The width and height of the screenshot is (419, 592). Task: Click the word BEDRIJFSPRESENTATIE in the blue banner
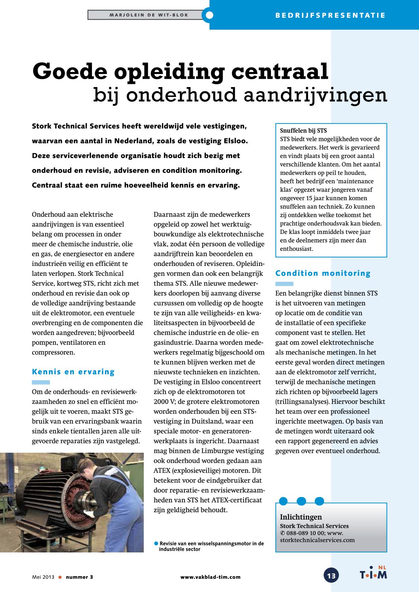pos(330,15)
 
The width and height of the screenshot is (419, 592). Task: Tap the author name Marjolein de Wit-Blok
pos(149,15)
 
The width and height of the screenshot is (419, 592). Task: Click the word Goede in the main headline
pos(70,72)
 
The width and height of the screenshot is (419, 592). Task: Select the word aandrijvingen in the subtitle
pos(315,95)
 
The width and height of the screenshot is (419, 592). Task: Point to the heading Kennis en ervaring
pos(73,372)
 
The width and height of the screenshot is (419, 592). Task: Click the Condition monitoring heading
pos(323,273)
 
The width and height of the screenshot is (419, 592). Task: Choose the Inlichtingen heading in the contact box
pos(301,517)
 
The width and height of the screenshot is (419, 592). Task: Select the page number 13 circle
pos(331,575)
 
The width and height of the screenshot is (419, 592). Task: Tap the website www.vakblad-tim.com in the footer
pos(210,577)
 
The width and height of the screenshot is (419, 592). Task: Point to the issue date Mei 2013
pos(43,577)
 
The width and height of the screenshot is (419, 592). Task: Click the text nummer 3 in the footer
pos(80,577)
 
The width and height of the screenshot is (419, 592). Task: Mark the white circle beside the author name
pos(209,15)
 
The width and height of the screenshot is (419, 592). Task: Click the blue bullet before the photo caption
pos(156,543)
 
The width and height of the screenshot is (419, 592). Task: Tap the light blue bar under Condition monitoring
pos(284,284)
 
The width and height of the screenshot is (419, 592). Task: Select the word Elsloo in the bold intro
pos(235,141)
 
